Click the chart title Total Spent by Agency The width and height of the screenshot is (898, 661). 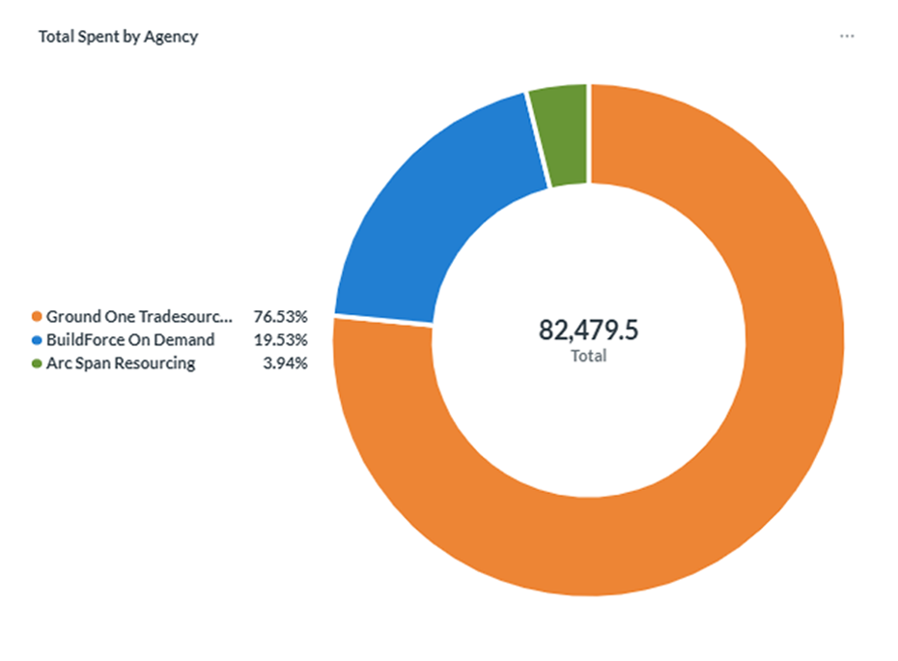pos(118,37)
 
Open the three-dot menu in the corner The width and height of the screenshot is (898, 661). pos(847,36)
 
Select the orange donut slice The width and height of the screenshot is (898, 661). pos(744,487)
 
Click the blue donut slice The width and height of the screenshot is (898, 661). pos(424,217)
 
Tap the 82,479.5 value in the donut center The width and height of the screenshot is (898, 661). pos(588,330)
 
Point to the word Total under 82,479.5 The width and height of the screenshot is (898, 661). pos(588,356)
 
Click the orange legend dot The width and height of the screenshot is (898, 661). pos(37,316)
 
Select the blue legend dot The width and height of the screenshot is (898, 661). pos(37,340)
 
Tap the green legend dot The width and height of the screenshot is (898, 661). pos(37,363)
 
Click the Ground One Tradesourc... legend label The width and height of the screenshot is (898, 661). pos(139,316)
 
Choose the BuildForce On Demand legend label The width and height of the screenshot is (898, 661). pos(130,340)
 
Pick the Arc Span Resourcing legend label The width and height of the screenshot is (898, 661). pos(121,363)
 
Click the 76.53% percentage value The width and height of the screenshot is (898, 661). pos(281,316)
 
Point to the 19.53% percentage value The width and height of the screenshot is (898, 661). pos(281,340)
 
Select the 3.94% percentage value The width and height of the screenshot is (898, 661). pos(285,363)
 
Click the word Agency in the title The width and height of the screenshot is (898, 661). pos(171,38)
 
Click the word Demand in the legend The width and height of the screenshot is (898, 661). pos(184,340)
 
